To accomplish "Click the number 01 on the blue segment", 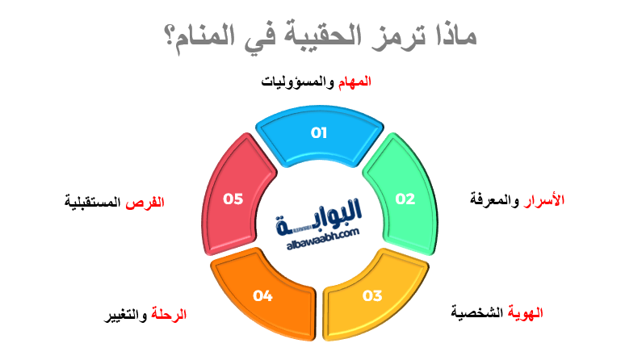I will pyautogui.click(x=319, y=133).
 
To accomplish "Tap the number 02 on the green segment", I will pyautogui.click(x=405, y=199).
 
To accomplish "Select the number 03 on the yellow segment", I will pyautogui.click(x=371, y=295).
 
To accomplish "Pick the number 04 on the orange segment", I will pyautogui.click(x=262, y=295).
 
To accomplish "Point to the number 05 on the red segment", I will pyautogui.click(x=233, y=199).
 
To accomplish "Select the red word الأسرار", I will pyautogui.click(x=546, y=199).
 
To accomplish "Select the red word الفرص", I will pyautogui.click(x=149, y=202).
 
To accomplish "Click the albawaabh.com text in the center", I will pyautogui.click(x=321, y=241).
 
